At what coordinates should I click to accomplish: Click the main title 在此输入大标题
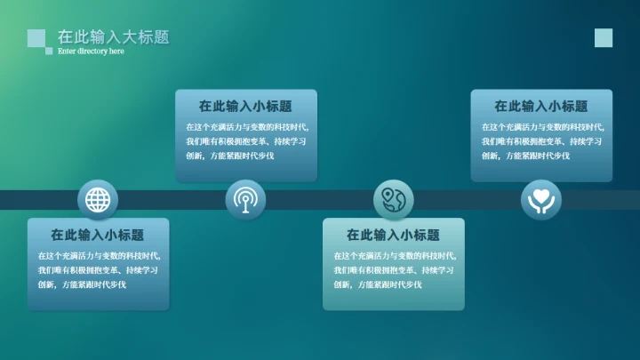pyautogui.click(x=113, y=37)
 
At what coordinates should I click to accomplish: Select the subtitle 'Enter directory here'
pyautogui.click(x=91, y=52)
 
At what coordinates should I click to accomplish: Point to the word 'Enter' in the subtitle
pyautogui.click(x=67, y=52)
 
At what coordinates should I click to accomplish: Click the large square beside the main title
pyautogui.click(x=36, y=37)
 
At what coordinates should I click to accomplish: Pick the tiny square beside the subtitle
pyautogui.click(x=49, y=52)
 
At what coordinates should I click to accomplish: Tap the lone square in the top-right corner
pyautogui.click(x=604, y=37)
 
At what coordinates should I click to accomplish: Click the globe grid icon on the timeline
pyautogui.click(x=97, y=199)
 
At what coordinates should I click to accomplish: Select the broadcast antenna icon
pyautogui.click(x=244, y=199)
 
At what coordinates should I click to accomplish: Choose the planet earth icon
pyautogui.click(x=393, y=199)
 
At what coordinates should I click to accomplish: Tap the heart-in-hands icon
pyautogui.click(x=540, y=199)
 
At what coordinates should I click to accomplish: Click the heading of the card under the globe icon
pyautogui.click(x=97, y=236)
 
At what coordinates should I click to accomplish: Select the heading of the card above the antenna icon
pyautogui.click(x=245, y=107)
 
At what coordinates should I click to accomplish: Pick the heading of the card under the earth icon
pyautogui.click(x=393, y=236)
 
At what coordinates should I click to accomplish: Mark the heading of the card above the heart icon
pyautogui.click(x=540, y=107)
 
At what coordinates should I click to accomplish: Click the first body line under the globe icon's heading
pyautogui.click(x=98, y=256)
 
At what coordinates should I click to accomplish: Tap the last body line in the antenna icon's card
pyautogui.click(x=229, y=156)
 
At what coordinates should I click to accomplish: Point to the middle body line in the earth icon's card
pyautogui.click(x=394, y=270)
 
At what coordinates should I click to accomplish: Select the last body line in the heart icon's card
pyautogui.click(x=525, y=156)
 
